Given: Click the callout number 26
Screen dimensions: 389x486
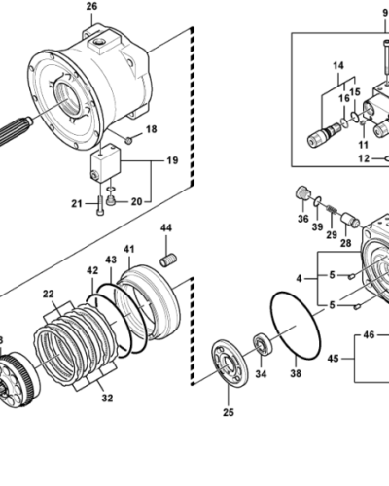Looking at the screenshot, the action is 91,6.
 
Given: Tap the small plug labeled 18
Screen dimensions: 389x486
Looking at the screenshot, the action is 128,140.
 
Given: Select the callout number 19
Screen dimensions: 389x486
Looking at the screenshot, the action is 172,160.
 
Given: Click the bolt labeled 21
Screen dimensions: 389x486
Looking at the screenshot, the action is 99,205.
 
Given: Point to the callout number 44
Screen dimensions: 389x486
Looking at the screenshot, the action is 166,228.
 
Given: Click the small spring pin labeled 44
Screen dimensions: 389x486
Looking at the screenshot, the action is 168,260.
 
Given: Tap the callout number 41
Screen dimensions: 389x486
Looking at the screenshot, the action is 129,249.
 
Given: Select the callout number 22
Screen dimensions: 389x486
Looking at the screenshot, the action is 49,294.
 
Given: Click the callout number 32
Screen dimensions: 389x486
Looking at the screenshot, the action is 107,398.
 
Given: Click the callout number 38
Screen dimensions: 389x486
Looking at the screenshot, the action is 296,373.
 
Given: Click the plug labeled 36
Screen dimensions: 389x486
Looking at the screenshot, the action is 303,192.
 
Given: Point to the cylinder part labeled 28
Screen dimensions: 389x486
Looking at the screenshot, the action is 350,220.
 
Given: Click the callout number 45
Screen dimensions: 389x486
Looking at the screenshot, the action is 333,359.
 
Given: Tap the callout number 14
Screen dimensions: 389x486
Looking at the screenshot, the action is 338,66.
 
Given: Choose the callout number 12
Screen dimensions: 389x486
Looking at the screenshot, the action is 364,158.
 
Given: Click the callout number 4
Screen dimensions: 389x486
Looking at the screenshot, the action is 300,278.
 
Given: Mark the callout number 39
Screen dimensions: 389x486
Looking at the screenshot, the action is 317,226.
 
